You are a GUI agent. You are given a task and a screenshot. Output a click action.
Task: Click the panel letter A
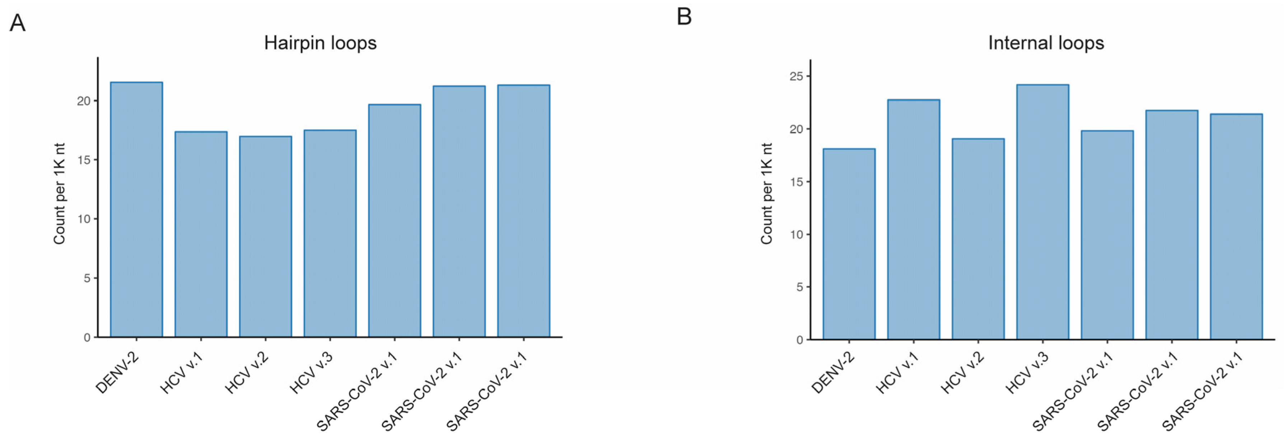coord(18,23)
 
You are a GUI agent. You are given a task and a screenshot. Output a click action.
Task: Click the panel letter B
coord(684,16)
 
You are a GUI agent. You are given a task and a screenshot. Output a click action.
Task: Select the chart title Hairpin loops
coord(320,43)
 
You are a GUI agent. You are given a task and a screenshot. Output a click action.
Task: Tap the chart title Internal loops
coord(1046,43)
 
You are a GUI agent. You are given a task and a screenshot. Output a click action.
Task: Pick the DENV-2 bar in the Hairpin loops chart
coord(136,210)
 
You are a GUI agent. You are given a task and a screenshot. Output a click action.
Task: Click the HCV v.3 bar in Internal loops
coord(1042,212)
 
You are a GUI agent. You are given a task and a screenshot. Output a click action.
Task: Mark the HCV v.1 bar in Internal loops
coord(914,220)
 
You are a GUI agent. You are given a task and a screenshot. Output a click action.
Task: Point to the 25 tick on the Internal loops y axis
coord(797,76)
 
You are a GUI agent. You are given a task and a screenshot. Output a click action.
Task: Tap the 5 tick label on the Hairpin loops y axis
coord(88,278)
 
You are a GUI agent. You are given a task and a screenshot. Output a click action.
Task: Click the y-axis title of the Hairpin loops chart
coord(60,194)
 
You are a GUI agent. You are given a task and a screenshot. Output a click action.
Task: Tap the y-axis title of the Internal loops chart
coord(766,194)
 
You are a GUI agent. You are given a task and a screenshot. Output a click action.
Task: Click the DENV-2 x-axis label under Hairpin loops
coord(117,372)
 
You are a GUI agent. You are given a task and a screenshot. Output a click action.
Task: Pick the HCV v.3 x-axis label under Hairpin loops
coord(311,372)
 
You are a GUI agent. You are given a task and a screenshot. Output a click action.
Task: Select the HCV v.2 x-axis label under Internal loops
coord(962,372)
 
